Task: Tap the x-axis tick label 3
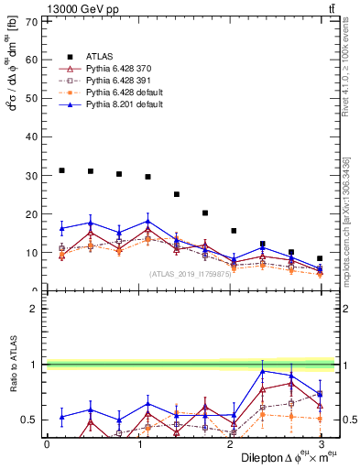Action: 322,443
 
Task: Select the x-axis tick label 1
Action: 138,443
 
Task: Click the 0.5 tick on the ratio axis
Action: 29,420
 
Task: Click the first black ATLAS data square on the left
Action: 61,170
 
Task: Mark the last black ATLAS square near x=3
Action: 320,258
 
